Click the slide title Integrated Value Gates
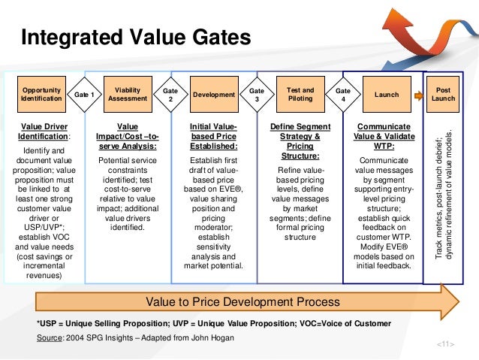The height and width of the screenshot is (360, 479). tap(137, 37)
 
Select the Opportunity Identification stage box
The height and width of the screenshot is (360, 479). tap(42, 94)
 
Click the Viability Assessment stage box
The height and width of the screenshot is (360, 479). tap(128, 94)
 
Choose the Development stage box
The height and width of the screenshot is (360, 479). tap(214, 95)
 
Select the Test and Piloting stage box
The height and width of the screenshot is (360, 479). tap(300, 94)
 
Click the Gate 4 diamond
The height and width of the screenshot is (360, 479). tap(342, 95)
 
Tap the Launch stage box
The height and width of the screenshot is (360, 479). tap(387, 95)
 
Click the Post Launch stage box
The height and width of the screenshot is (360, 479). tap(443, 94)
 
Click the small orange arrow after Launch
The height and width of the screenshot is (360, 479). tap(417, 95)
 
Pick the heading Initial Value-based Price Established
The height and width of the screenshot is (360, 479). tap(214, 132)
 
